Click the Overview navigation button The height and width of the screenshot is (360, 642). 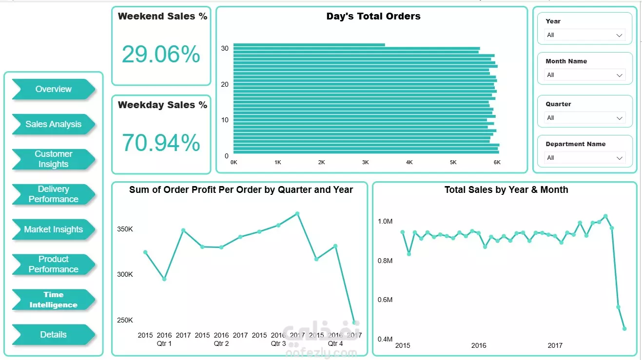[x=53, y=89]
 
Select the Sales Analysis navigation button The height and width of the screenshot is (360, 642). [x=53, y=124]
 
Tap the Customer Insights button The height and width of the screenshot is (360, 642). [x=53, y=159]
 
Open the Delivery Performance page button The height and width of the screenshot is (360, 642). [x=53, y=194]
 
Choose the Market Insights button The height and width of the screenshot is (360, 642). [x=53, y=229]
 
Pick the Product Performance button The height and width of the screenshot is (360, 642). [x=53, y=265]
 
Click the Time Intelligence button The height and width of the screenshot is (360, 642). [x=53, y=300]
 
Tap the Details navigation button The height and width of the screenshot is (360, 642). [x=53, y=335]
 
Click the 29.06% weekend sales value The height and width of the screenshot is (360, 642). [x=161, y=54]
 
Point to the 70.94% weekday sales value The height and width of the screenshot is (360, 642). [x=161, y=143]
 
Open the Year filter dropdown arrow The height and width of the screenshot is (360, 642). [x=620, y=35]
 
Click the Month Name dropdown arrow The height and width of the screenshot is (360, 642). [x=620, y=75]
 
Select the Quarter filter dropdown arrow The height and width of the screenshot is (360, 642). [x=620, y=118]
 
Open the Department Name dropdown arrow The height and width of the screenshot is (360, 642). [x=620, y=158]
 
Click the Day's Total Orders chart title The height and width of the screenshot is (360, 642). [x=373, y=16]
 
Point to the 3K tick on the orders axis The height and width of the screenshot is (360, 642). [x=365, y=162]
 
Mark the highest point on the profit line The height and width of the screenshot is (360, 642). [x=297, y=213]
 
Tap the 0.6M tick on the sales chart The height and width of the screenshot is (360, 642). [x=385, y=300]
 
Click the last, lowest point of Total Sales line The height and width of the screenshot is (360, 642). [x=624, y=329]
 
